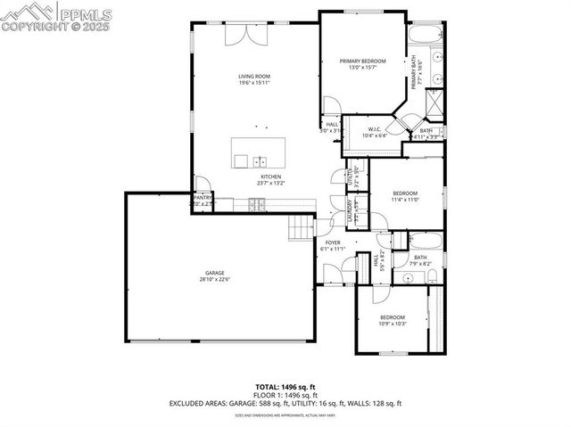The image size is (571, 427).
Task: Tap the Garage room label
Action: point(214,274)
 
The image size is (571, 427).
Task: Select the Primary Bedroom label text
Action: point(362,62)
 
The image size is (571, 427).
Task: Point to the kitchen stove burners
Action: point(256,205)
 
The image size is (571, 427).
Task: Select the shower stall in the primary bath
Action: point(433,105)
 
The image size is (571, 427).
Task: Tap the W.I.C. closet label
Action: point(373,130)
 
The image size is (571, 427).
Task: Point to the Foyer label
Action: point(333,242)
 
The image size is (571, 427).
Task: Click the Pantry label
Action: point(203,197)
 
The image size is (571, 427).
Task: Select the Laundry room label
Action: point(351,212)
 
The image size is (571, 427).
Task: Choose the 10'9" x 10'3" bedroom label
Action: point(393,318)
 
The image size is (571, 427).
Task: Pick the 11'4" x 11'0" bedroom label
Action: point(405,193)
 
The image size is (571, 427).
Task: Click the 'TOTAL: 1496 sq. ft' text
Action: point(285,388)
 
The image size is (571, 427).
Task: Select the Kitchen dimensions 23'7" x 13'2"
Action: point(271,184)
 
